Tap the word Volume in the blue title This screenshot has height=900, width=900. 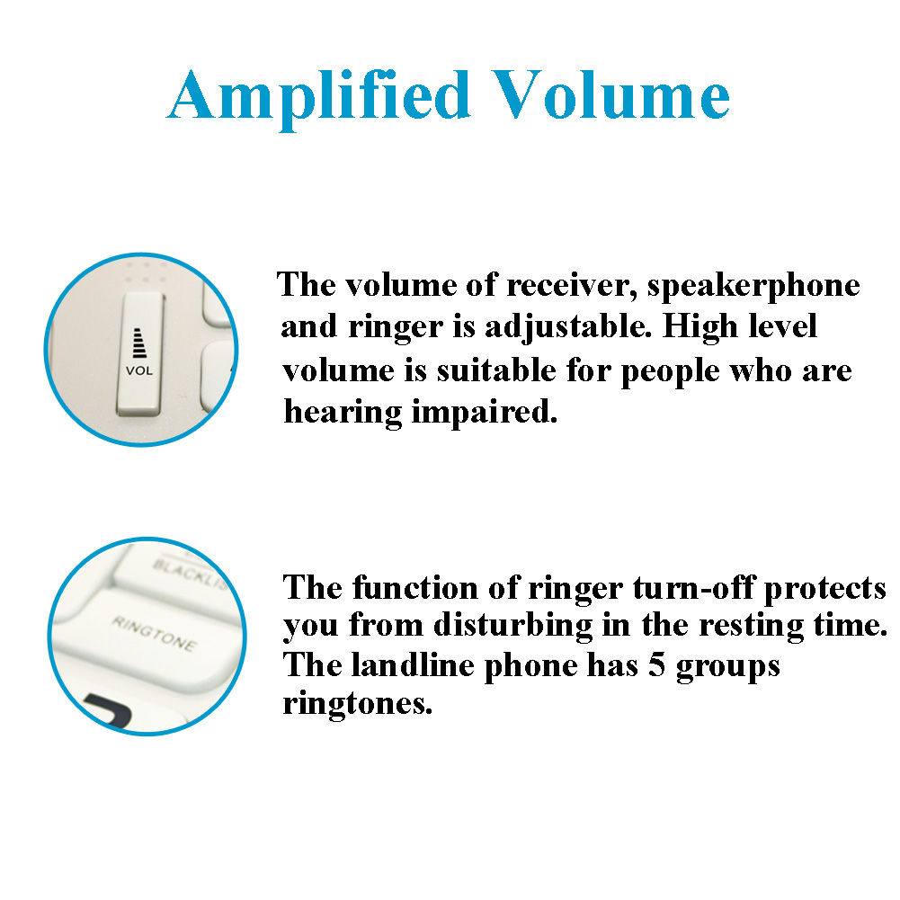pyautogui.click(x=610, y=95)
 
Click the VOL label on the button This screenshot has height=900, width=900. pyautogui.click(x=139, y=370)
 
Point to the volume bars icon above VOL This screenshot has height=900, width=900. pyautogui.click(x=138, y=343)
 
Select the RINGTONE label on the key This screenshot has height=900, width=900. pyautogui.click(x=155, y=633)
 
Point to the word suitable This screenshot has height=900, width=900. pyautogui.click(x=496, y=370)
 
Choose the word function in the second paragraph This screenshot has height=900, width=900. pyautogui.click(x=414, y=588)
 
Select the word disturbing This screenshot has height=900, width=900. pyautogui.click(x=512, y=625)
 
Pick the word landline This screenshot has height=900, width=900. pyautogui.click(x=413, y=666)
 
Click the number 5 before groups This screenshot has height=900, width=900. pyautogui.click(x=656, y=666)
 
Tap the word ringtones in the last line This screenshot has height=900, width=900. pyautogui.click(x=358, y=704)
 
